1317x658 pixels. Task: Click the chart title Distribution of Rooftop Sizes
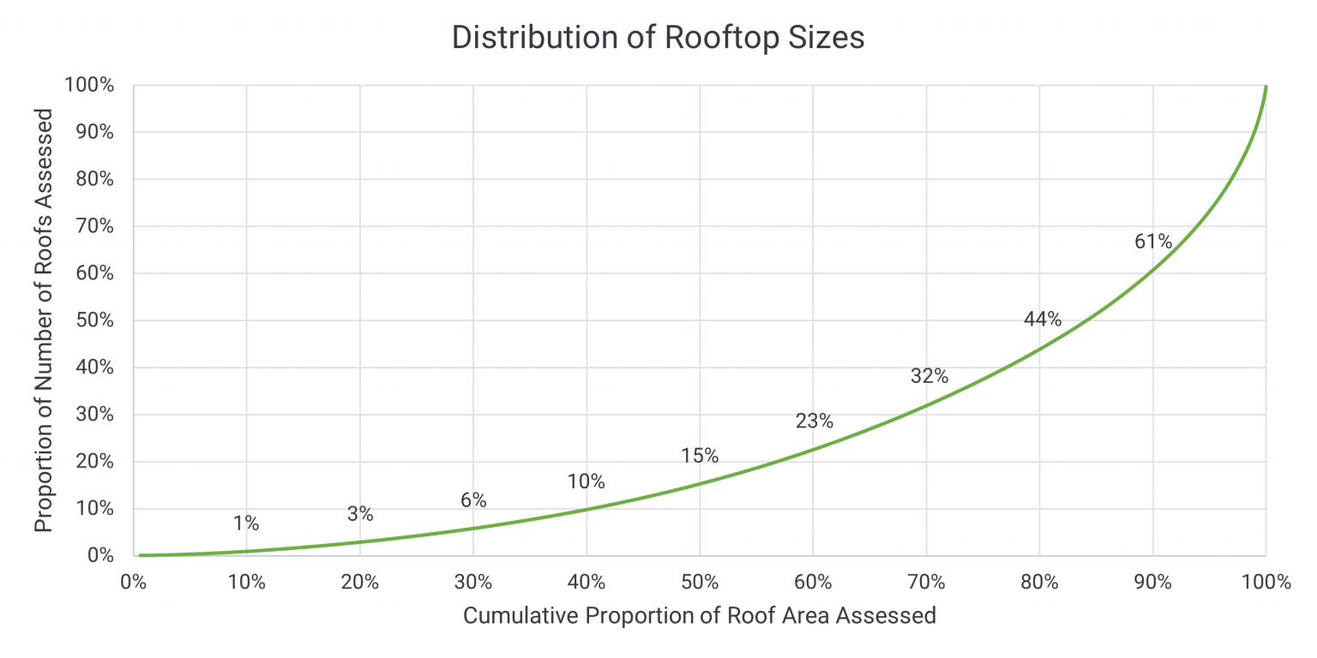click(x=658, y=39)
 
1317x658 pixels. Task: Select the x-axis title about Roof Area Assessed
click(x=699, y=615)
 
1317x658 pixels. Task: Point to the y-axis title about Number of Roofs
click(x=44, y=320)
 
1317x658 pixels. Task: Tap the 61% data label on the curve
click(x=1152, y=242)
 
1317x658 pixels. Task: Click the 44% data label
click(x=1042, y=320)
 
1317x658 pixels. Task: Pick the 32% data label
click(x=929, y=376)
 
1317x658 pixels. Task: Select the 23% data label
click(x=814, y=421)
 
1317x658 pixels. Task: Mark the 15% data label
click(x=700, y=456)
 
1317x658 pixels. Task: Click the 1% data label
click(x=246, y=523)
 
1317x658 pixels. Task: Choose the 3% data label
click(x=360, y=514)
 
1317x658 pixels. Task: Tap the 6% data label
click(x=473, y=500)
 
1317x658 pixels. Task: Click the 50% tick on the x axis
click(x=700, y=583)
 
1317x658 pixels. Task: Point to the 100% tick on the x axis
click(x=1266, y=583)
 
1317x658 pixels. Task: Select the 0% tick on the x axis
click(x=133, y=583)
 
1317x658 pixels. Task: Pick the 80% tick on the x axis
click(x=1039, y=583)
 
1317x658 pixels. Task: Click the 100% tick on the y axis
click(x=88, y=85)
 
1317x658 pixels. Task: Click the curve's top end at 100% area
click(x=1266, y=87)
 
